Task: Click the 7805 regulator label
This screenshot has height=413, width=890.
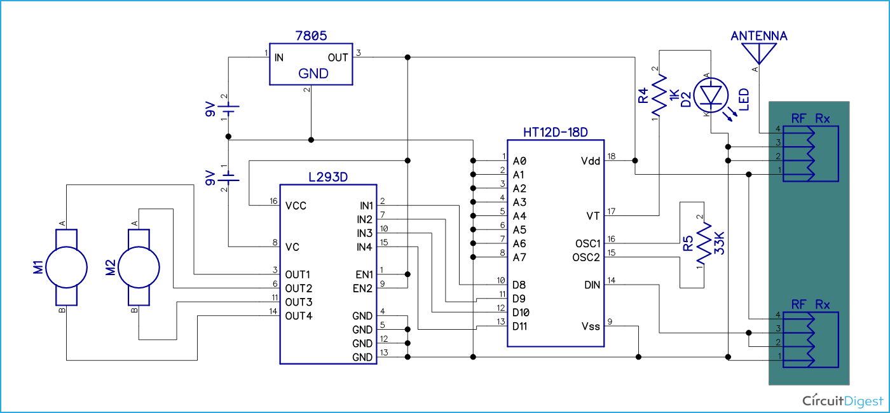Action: click(x=311, y=36)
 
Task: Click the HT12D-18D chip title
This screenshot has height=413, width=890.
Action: click(x=555, y=132)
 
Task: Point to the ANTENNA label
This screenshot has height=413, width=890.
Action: click(x=758, y=36)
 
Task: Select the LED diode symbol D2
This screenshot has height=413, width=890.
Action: click(x=711, y=94)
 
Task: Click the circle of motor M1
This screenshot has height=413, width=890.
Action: click(x=66, y=267)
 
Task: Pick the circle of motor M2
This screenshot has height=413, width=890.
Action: click(x=139, y=267)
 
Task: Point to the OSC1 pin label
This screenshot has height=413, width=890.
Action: click(x=587, y=243)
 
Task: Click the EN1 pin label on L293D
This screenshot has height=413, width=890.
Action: click(x=364, y=274)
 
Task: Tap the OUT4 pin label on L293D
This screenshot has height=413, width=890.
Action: click(x=299, y=316)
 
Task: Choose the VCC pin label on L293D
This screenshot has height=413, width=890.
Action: click(x=297, y=206)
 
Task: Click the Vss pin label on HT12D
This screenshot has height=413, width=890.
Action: click(x=590, y=326)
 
